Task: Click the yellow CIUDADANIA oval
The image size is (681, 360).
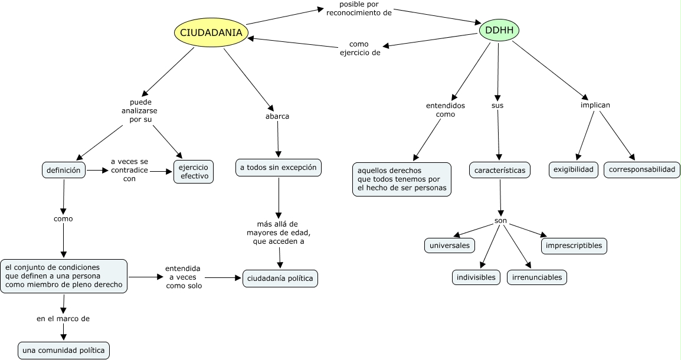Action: [x=211, y=32]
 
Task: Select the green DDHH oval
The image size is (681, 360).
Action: [x=499, y=30]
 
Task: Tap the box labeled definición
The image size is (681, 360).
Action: [x=64, y=170]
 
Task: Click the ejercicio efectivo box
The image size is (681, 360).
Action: [x=194, y=171]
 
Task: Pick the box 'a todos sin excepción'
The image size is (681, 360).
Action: [x=279, y=168]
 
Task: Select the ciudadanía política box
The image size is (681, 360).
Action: [x=280, y=279]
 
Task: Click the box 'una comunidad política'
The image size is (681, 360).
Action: [x=64, y=351]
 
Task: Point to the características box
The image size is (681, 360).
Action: [x=500, y=170]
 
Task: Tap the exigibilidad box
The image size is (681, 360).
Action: [x=574, y=170]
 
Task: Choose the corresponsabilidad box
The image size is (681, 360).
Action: [x=641, y=170]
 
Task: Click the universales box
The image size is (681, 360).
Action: [x=450, y=245]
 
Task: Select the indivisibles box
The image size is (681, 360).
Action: [x=477, y=277]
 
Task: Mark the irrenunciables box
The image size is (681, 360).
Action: [x=537, y=277]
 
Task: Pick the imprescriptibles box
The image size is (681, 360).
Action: [x=574, y=245]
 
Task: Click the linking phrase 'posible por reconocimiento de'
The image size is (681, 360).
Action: [x=359, y=8]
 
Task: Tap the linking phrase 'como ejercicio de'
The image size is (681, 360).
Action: [x=359, y=48]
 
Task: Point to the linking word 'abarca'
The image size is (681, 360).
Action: [x=277, y=116]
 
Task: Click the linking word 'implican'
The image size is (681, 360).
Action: [x=595, y=105]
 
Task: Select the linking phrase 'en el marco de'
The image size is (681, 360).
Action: [x=63, y=319]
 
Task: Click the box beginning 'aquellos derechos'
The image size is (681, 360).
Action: [x=402, y=179]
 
